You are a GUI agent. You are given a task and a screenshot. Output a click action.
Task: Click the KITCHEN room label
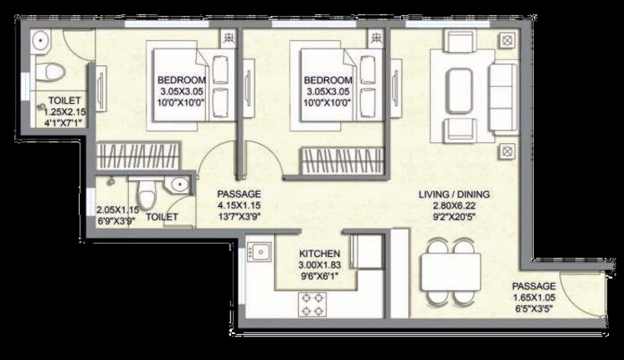[x=319, y=252]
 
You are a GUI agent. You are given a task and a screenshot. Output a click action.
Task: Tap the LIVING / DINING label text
[x=455, y=195]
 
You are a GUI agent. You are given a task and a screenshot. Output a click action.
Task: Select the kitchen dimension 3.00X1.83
[x=319, y=265]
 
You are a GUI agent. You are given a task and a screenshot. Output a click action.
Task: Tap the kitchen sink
[x=260, y=249]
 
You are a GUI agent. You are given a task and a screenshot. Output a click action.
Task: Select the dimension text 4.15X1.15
[x=238, y=205]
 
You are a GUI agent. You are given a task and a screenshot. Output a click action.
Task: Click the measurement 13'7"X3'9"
[x=238, y=218]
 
